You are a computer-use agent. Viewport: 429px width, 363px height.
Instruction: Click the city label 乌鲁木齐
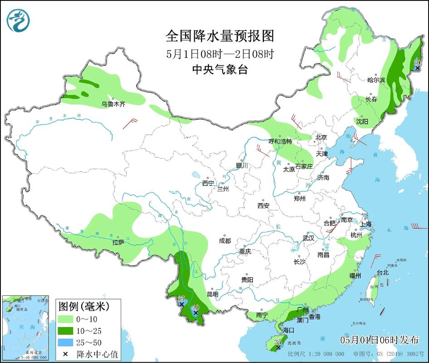tap(113, 104)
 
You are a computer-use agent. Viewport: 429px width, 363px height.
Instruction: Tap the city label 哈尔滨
tap(376, 80)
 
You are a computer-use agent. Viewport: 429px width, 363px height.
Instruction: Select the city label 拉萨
tap(118, 243)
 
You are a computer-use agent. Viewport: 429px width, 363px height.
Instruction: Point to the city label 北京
tap(321, 137)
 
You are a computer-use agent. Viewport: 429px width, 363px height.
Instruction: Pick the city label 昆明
tap(212, 294)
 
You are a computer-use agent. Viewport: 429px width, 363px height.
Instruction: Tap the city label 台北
tap(383, 273)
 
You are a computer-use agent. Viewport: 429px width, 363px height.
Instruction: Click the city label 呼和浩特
tap(281, 142)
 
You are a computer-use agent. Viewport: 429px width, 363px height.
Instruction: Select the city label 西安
tap(263, 206)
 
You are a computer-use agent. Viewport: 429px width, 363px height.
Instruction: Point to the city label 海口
tap(288, 330)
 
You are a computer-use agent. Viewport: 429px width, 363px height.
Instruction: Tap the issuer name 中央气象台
tap(214, 69)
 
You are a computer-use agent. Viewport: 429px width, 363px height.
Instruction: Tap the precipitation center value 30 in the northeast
tap(418, 62)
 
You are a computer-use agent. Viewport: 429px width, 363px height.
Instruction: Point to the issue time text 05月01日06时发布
tap(379, 340)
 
